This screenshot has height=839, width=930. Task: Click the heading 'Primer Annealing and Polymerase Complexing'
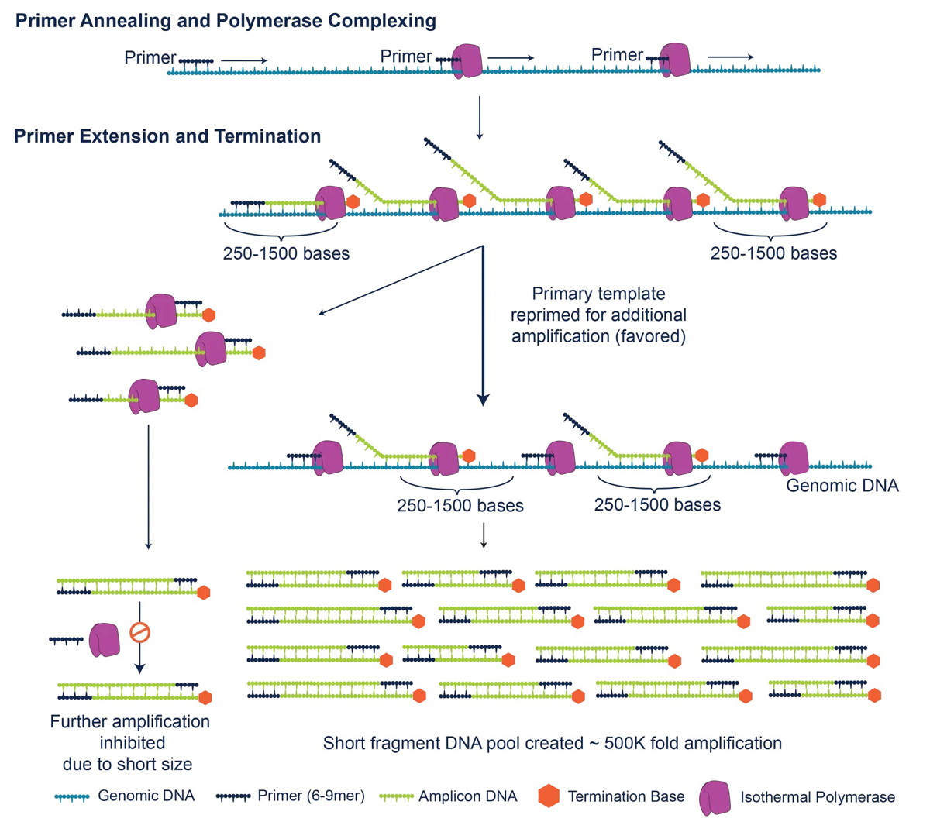pos(226,21)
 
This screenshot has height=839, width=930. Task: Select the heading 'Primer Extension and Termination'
pos(167,136)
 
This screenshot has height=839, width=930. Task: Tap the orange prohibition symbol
pos(139,632)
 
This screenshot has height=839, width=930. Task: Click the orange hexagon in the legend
pos(549,796)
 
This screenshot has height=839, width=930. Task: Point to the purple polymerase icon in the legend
pos(715,797)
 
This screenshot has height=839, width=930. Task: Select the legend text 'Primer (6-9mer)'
pos(311,796)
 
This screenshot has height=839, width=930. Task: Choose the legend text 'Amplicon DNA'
pos(468,796)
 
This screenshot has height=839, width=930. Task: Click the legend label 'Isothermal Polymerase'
pos(818,797)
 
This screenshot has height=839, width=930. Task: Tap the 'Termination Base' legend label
pos(626,796)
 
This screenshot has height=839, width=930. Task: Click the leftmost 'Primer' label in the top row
pos(150,57)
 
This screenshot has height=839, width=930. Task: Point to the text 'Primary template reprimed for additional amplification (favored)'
pos(598,315)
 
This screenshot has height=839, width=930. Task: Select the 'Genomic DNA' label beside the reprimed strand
pos(842,485)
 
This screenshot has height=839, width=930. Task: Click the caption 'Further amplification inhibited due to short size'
pos(129,743)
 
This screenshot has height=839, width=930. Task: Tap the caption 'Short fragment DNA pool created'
pos(453,743)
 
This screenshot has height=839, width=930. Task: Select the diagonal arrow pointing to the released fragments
pos(401,280)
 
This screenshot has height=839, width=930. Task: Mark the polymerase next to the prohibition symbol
pos(105,640)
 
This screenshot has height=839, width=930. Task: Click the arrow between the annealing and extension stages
pos(480,118)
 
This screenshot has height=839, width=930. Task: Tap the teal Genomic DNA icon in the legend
pos(72,797)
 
